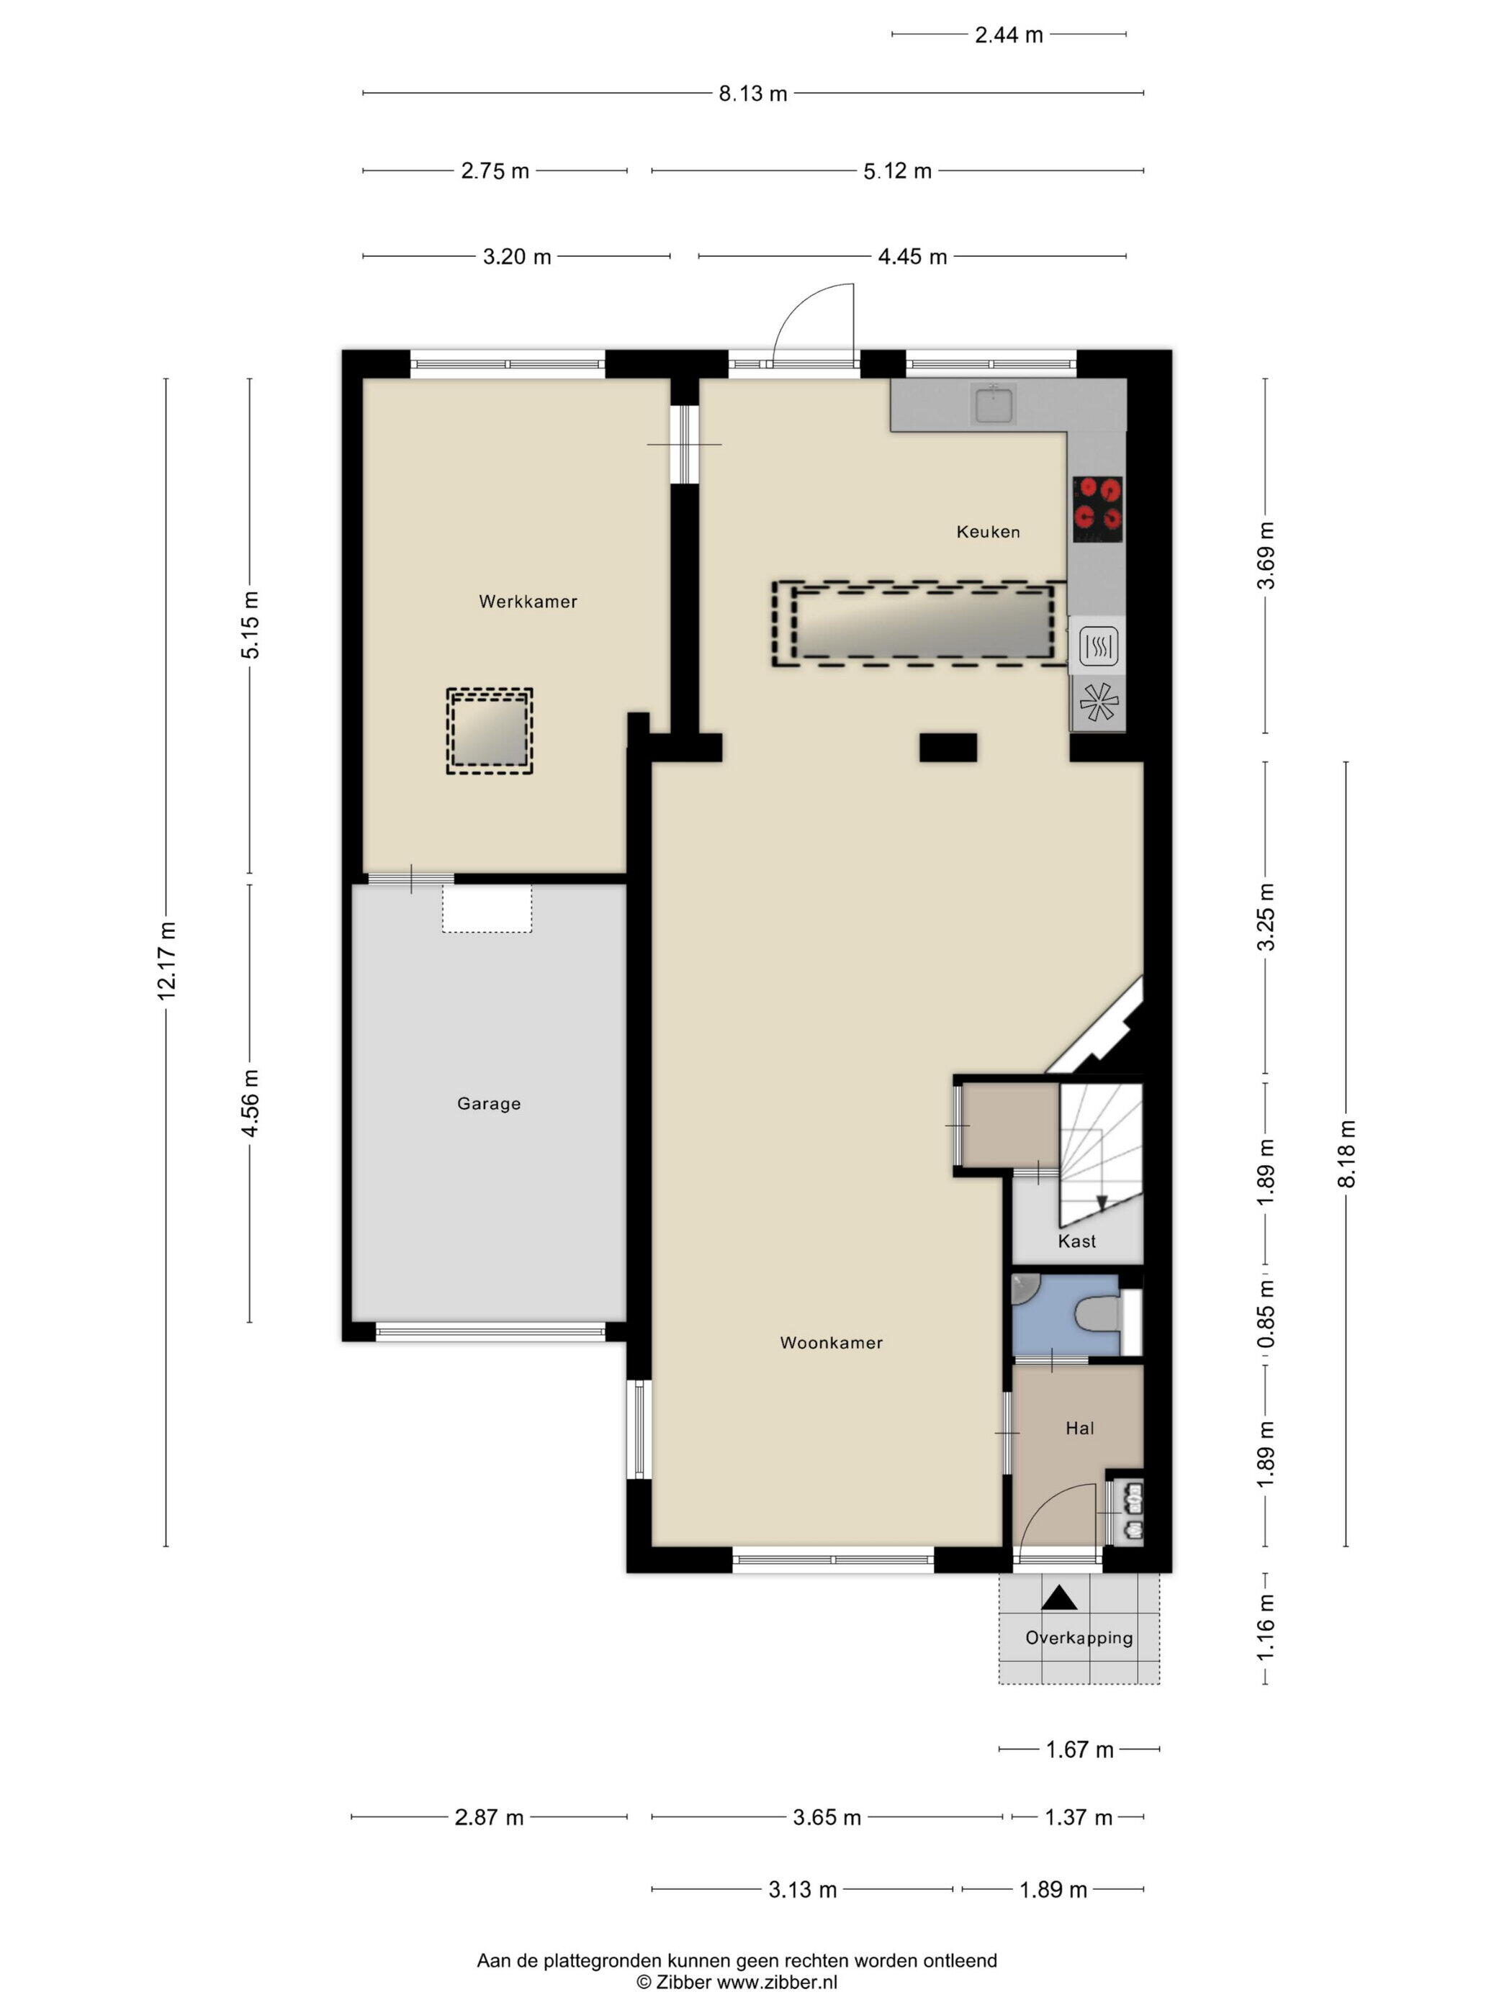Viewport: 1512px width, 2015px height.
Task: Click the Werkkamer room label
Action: point(528,601)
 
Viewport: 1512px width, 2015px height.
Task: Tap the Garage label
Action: point(488,1103)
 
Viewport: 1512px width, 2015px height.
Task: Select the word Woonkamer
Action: point(831,1342)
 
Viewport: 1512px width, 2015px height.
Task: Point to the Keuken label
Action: point(988,531)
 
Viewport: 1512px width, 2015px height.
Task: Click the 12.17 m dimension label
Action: point(166,961)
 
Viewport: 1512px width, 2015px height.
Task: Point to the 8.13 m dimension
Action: point(753,93)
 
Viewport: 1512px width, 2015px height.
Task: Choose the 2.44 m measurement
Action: point(1009,35)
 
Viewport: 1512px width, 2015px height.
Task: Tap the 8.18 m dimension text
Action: point(1346,1154)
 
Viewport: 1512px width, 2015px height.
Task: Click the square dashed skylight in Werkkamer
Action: point(490,731)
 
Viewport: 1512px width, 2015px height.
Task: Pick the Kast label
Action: point(1076,1241)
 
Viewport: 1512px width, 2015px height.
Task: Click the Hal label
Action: point(1079,1428)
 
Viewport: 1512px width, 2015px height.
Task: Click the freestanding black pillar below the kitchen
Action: point(948,747)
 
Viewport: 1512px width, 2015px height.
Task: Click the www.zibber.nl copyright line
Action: point(737,1982)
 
